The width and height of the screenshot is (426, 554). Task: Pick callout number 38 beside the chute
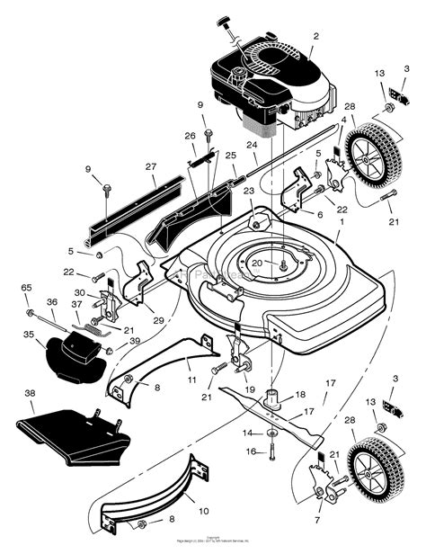click(x=31, y=393)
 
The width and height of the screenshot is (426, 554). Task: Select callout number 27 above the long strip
click(x=150, y=166)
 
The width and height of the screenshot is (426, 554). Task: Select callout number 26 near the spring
click(x=190, y=137)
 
